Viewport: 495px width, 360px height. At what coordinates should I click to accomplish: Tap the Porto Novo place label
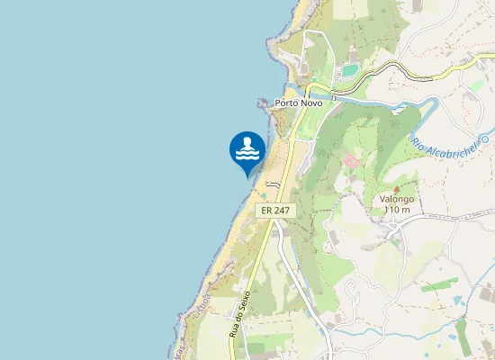(x=299, y=103)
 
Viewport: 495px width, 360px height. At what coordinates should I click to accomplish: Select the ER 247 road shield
(x=275, y=210)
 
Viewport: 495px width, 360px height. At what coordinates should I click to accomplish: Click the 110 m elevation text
(x=396, y=210)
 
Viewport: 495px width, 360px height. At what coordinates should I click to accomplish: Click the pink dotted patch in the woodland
(x=351, y=161)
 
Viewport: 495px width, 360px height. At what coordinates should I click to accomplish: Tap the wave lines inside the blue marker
(x=247, y=154)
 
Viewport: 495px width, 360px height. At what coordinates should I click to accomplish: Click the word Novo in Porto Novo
(x=310, y=103)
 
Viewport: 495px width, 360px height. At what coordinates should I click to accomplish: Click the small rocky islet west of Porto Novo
(x=263, y=104)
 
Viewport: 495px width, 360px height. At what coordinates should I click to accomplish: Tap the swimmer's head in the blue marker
(x=247, y=142)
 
